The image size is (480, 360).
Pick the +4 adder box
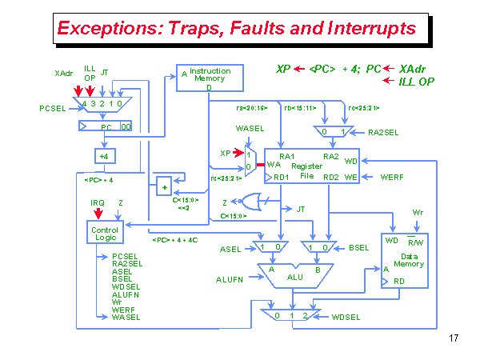[x=104, y=156]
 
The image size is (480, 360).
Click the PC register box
[x=104, y=126]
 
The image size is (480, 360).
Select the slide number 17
[x=454, y=338]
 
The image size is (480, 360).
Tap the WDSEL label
[x=347, y=318]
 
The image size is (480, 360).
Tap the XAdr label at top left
[x=64, y=74]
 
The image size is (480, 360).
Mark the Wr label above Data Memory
[x=417, y=212]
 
